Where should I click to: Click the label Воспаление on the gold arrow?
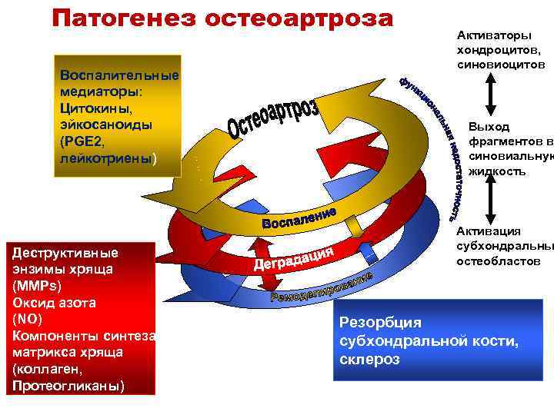click(299, 217)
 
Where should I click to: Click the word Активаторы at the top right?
click(493, 36)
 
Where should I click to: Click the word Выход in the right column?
click(489, 126)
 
